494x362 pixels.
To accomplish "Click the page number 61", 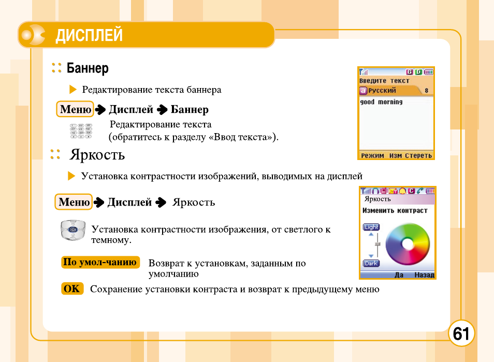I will pyautogui.click(x=461, y=334).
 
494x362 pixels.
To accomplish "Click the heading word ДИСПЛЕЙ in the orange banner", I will pyautogui.click(x=89, y=36).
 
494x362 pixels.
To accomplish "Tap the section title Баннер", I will pyautogui.click(x=88, y=68).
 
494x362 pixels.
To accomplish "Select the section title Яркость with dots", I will pyautogui.click(x=97, y=155).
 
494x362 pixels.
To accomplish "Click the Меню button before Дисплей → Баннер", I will pyautogui.click(x=75, y=109).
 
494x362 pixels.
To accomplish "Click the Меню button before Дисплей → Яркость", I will pyautogui.click(x=74, y=202).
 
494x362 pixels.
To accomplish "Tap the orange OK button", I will pyautogui.click(x=72, y=288).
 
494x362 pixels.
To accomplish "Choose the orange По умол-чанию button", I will pyautogui.click(x=100, y=262).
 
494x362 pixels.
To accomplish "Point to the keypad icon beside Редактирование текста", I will pyautogui.click(x=81, y=131).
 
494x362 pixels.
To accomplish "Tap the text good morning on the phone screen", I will pyautogui.click(x=381, y=103).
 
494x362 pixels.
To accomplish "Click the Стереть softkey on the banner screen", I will pyautogui.click(x=418, y=155).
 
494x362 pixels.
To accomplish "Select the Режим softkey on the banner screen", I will pyautogui.click(x=372, y=155).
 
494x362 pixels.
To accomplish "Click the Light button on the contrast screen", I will pyautogui.click(x=371, y=227).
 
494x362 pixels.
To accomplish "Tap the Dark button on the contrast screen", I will pyautogui.click(x=371, y=263).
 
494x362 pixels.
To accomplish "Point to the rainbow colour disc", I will pyautogui.click(x=408, y=243).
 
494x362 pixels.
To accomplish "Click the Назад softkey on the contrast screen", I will pyautogui.click(x=425, y=275).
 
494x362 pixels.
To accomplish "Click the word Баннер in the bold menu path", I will pyautogui.click(x=190, y=109).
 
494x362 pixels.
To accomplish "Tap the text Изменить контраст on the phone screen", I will pyautogui.click(x=395, y=211).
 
